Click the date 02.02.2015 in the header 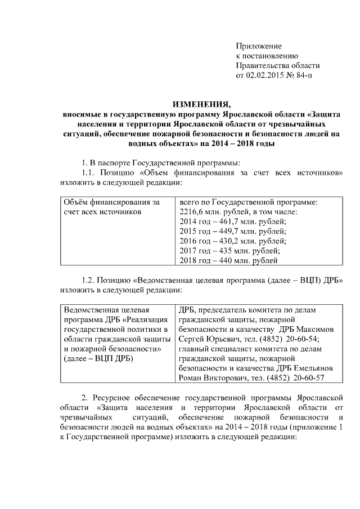pyautogui.click(x=264, y=75)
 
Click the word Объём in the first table pyautogui.click(x=77, y=202)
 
